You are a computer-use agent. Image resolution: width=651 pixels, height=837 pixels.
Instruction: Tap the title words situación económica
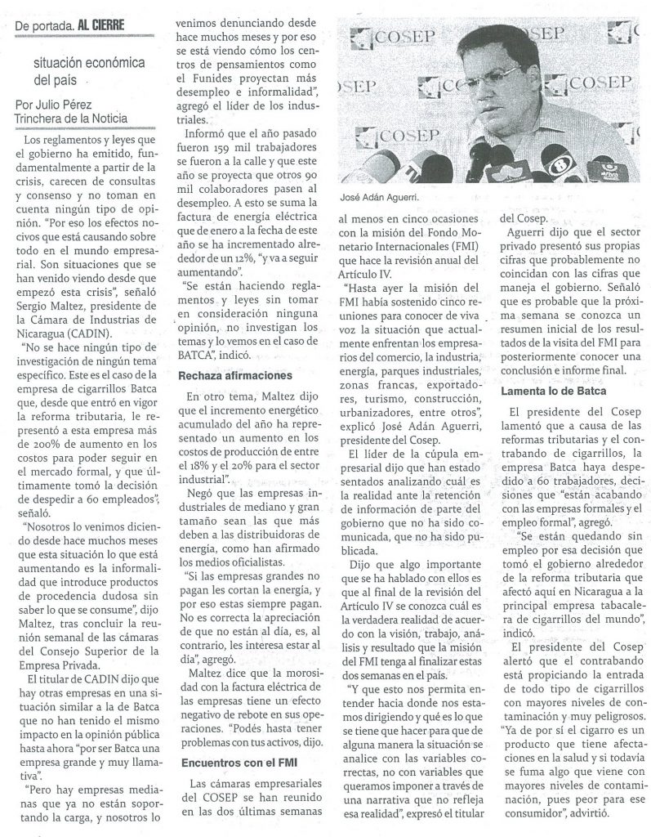pos(88,63)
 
